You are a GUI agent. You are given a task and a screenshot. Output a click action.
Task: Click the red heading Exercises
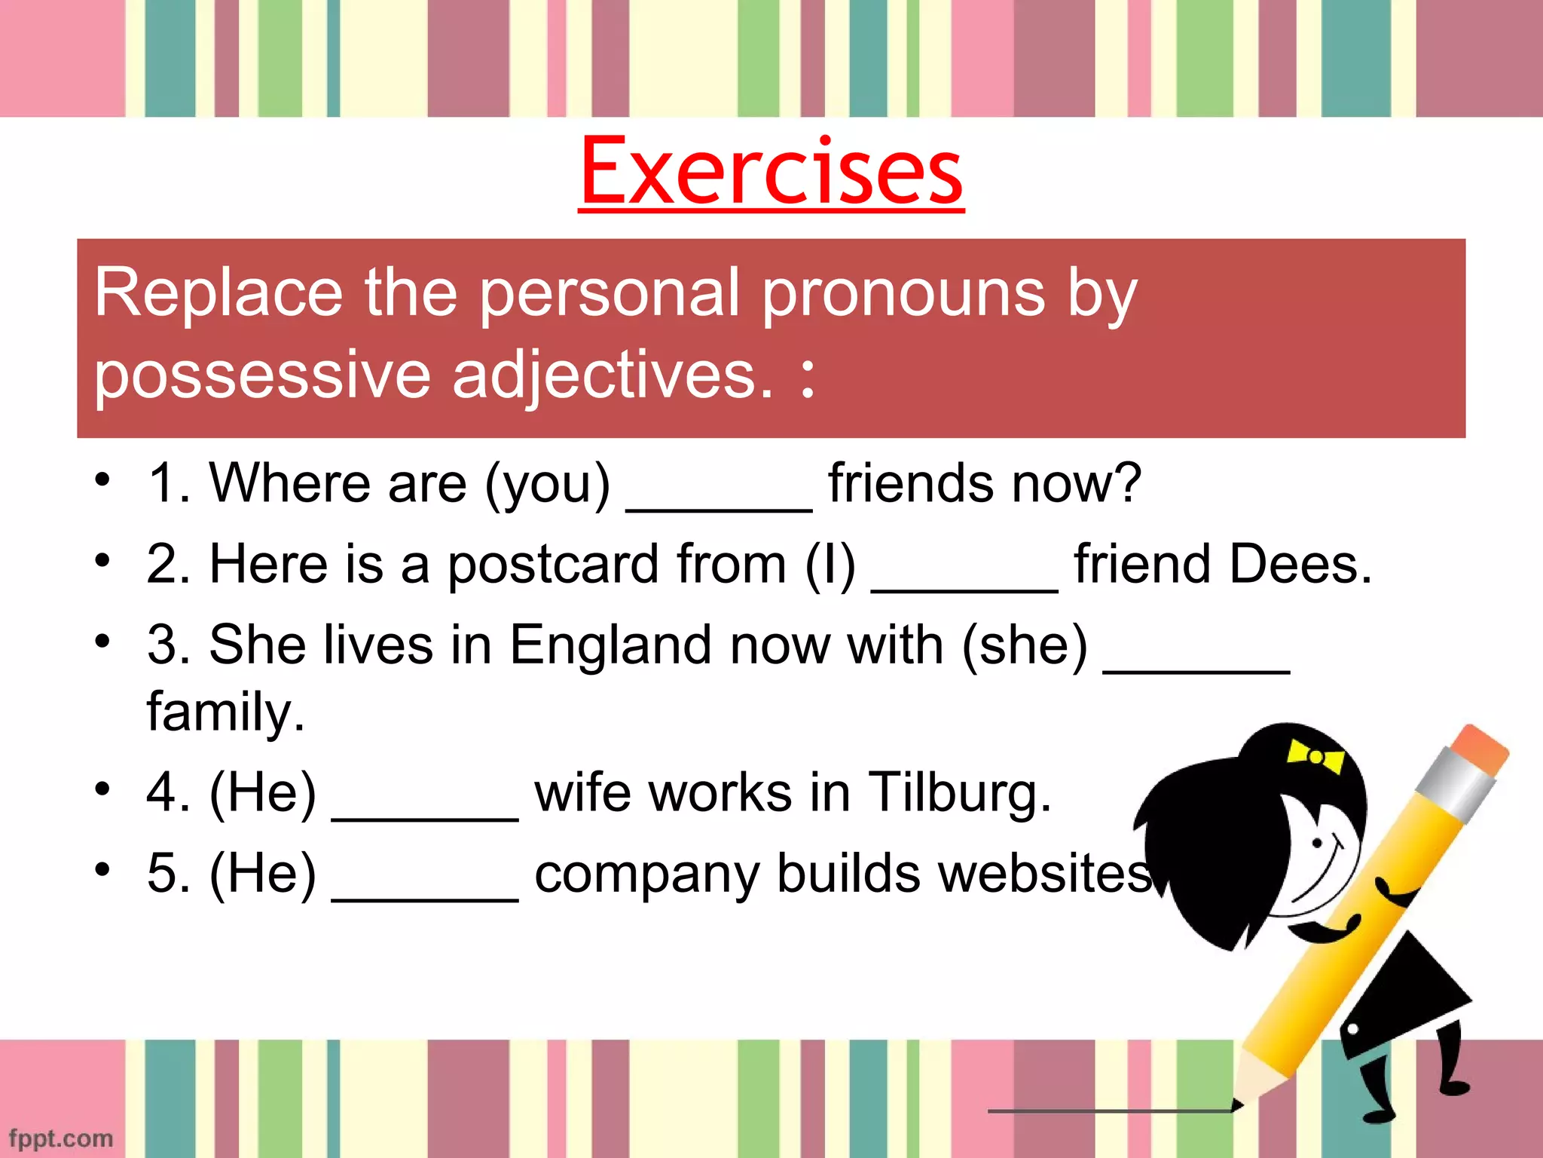771,171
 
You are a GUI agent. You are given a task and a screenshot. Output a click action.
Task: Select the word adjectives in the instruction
612,375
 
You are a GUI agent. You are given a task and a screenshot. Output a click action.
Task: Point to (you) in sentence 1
547,484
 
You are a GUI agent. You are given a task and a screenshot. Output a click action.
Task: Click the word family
225,712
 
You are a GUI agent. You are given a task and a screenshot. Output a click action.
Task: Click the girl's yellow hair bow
1315,756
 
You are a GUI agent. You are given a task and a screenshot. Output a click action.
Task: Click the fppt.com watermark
61,1138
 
